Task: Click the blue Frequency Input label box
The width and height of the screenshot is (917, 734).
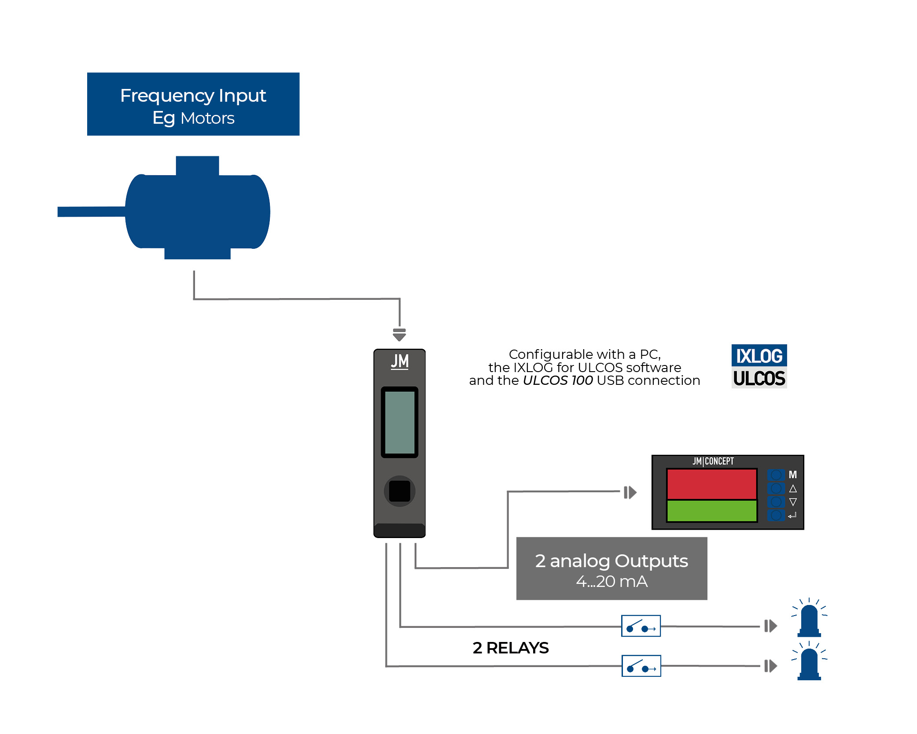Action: click(193, 104)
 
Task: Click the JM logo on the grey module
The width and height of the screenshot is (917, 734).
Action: click(400, 362)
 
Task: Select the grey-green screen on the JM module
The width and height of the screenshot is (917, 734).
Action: click(400, 422)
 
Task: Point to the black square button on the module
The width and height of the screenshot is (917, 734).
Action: click(400, 491)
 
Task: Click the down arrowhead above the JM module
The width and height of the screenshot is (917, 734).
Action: click(399, 336)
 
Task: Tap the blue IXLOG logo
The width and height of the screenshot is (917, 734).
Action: click(759, 356)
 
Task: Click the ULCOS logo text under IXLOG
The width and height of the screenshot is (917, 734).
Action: click(759, 378)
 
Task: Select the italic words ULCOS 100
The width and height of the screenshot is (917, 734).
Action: click(558, 380)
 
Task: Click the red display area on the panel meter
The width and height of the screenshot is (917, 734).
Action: click(711, 484)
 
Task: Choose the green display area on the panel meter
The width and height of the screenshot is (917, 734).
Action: click(711, 511)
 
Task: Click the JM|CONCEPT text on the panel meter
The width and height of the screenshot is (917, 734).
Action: click(713, 461)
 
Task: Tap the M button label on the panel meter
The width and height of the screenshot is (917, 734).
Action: click(793, 475)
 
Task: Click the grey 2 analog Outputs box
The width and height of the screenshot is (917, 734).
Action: click(611, 568)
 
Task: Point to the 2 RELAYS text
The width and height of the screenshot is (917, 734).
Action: click(511, 648)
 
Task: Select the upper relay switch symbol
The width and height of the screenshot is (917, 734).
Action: click(641, 626)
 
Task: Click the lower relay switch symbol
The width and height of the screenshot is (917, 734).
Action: click(641, 666)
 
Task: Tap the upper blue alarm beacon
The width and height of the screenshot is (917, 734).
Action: click(809, 620)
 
